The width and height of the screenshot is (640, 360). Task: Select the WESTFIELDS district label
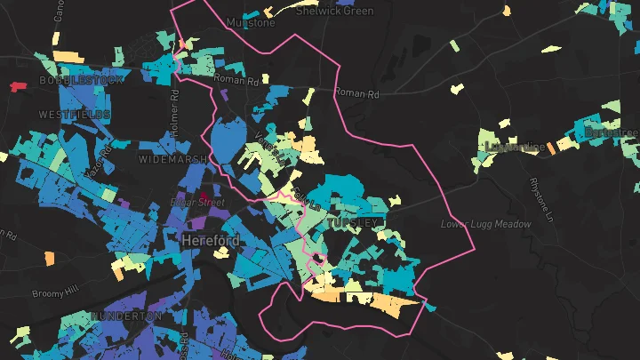[75, 116]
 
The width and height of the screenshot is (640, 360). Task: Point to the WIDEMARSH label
[172, 159]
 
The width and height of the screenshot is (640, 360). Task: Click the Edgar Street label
[196, 203]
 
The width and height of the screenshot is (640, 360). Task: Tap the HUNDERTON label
[126, 316]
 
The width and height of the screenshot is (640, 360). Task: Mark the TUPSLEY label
[353, 221]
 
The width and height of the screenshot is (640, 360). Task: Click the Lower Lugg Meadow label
[485, 224]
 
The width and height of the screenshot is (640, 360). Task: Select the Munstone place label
[252, 22]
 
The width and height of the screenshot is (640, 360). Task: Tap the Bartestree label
[612, 133]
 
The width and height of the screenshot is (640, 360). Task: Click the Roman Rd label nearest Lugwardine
[355, 92]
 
